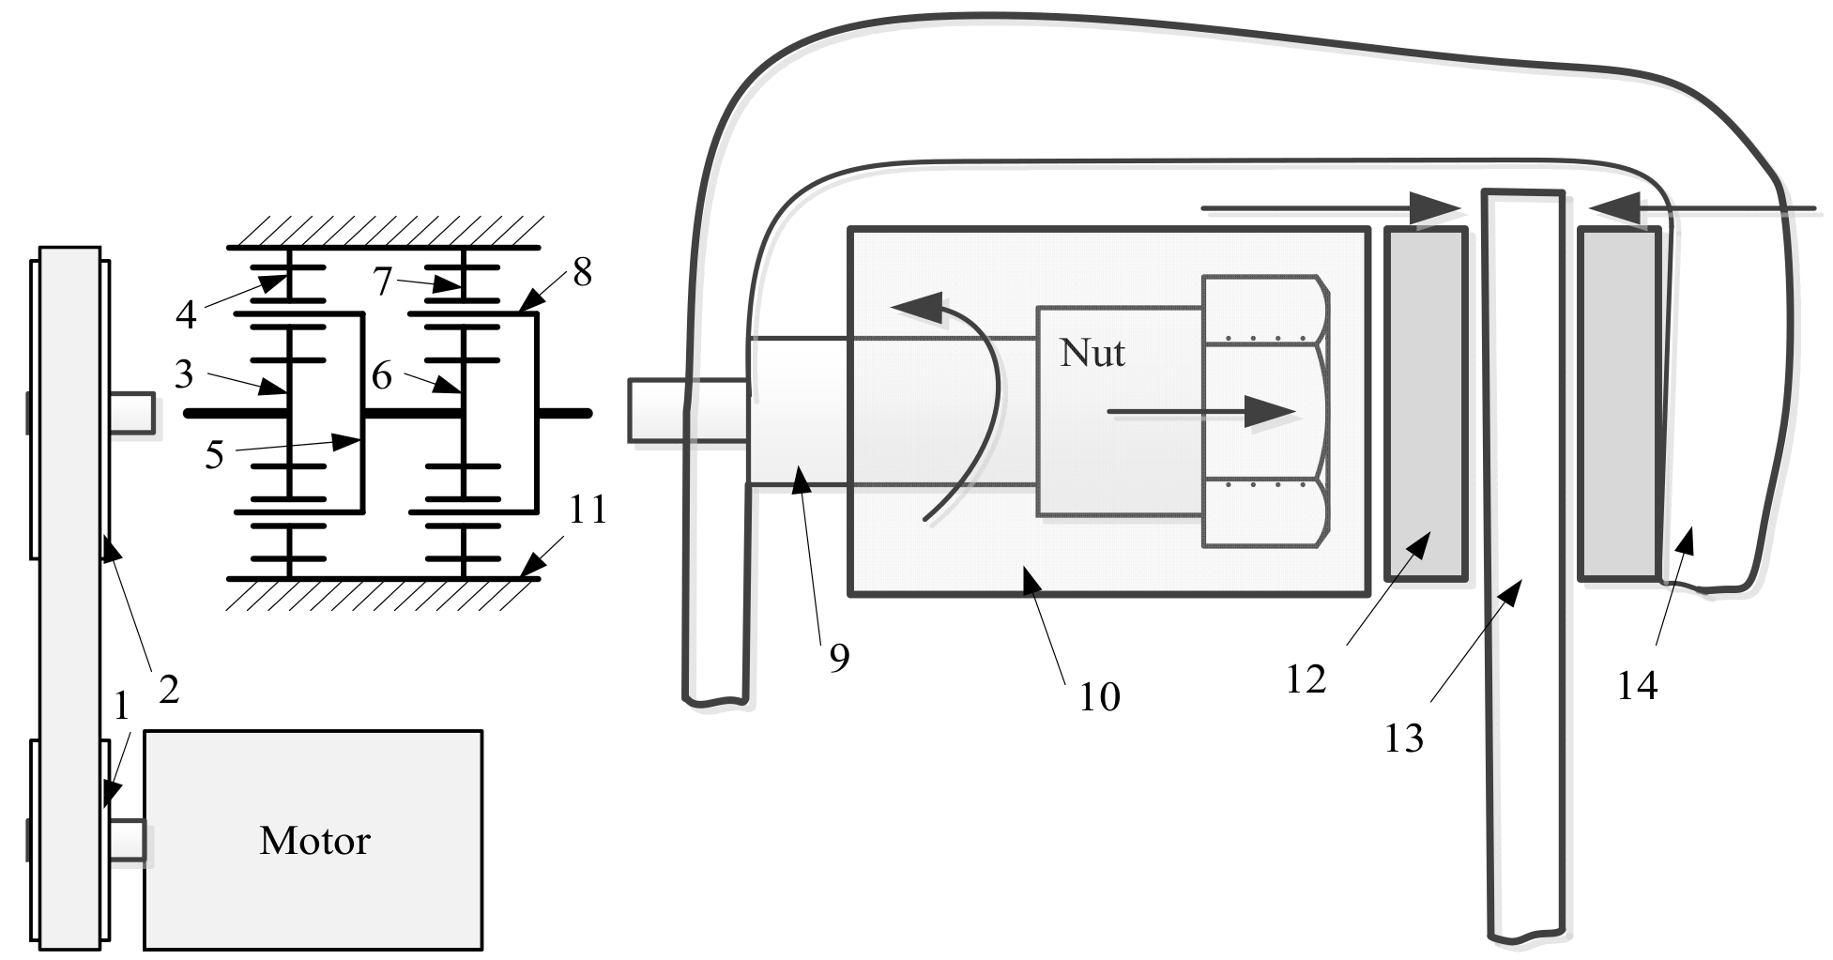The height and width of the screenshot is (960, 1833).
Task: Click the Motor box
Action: [x=313, y=841]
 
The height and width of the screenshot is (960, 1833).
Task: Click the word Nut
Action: [x=1092, y=353]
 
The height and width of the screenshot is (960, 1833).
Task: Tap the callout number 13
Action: [x=1404, y=739]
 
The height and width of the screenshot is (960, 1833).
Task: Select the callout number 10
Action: [x=1100, y=697]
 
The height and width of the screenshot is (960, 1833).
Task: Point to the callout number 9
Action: [x=839, y=658]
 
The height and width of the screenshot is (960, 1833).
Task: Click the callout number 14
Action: [x=1637, y=687]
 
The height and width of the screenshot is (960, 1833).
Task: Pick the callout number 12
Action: [x=1306, y=678]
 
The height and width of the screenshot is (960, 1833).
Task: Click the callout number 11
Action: [x=588, y=510]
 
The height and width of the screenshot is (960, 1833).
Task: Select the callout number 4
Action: [x=186, y=314]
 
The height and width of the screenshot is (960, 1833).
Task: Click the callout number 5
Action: [x=215, y=455]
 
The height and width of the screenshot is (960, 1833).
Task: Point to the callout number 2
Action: [x=169, y=690]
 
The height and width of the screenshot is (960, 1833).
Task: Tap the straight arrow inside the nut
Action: [x=1201, y=411]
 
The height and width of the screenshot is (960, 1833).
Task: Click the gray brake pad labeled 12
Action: [x=1426, y=404]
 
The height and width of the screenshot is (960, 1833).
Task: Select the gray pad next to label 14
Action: [x=1618, y=404]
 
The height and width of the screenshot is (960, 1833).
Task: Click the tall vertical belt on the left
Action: [x=69, y=601]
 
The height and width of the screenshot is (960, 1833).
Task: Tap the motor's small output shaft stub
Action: [x=129, y=839]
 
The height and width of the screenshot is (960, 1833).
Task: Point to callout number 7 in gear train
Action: [x=382, y=281]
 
